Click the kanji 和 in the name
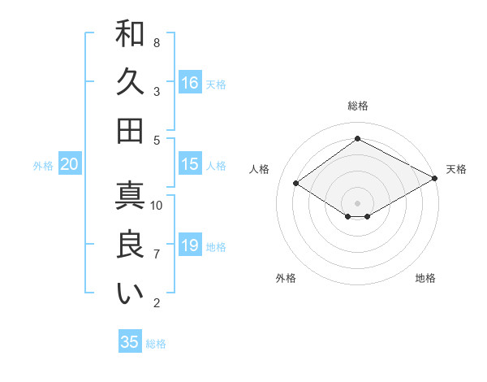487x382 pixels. pos(130,34)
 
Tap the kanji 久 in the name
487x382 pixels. pos(130,82)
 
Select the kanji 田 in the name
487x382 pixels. pos(130,130)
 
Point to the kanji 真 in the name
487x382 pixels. pos(130,197)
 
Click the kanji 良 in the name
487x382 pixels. pos(130,245)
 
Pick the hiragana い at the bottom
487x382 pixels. pos(130,293)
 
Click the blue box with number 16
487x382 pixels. pos(190,82)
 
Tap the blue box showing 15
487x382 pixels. pos(190,164)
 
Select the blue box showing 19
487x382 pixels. pos(190,245)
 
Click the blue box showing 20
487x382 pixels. pos(69,164)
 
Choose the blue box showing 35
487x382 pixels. pos(130,342)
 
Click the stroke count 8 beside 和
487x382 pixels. pos(157,42)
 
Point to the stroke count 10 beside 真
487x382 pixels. pos(157,205)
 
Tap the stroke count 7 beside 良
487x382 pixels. pos(157,254)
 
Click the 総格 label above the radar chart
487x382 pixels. pos(357,106)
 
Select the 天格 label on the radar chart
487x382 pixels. pos(456,169)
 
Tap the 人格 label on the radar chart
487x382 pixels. pos(260,169)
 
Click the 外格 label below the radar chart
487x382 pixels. pos(285,278)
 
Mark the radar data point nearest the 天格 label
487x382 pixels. pos(435,177)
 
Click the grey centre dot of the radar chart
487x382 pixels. pos(357,202)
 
